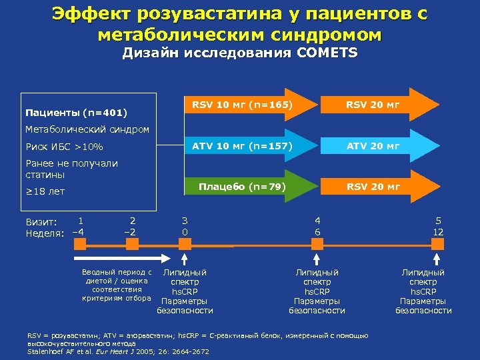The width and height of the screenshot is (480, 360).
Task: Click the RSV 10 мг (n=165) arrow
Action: point(243,105)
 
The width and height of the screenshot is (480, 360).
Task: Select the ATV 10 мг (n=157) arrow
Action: point(243,146)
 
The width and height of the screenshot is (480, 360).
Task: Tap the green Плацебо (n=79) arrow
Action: point(243,187)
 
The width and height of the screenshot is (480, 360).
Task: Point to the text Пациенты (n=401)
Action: point(75,111)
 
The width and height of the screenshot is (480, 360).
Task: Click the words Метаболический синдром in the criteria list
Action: point(77,129)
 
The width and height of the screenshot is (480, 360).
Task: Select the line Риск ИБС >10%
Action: point(64,147)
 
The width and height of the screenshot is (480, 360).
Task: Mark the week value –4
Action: point(78,231)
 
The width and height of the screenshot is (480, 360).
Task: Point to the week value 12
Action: point(438,231)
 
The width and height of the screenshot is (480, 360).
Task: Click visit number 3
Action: point(185,220)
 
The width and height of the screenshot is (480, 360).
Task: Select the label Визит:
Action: point(41,221)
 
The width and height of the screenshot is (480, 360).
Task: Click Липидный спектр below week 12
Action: point(423,277)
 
